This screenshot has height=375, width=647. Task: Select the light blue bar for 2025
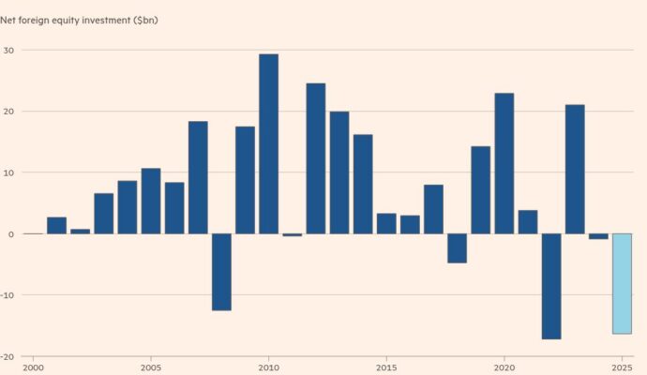[x=622, y=283]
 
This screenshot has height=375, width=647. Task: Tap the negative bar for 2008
[x=221, y=272]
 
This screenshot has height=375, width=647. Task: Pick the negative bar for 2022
[x=551, y=286]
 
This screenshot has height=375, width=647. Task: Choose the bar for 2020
[x=504, y=163]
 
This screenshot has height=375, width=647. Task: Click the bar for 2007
[x=198, y=177]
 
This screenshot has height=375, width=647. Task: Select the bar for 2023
[x=575, y=169]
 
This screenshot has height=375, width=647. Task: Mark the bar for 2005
[x=150, y=201]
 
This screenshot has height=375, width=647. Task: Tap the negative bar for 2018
[x=457, y=247]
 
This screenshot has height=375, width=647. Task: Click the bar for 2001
[x=56, y=225]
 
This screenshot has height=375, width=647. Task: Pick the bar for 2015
[x=386, y=223]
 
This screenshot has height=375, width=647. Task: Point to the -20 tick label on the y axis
[x=7, y=356]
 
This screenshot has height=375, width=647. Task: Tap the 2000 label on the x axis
[x=33, y=367]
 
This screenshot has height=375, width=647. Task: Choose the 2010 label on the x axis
[x=268, y=367]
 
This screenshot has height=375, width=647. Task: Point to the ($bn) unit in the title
[x=145, y=20]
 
